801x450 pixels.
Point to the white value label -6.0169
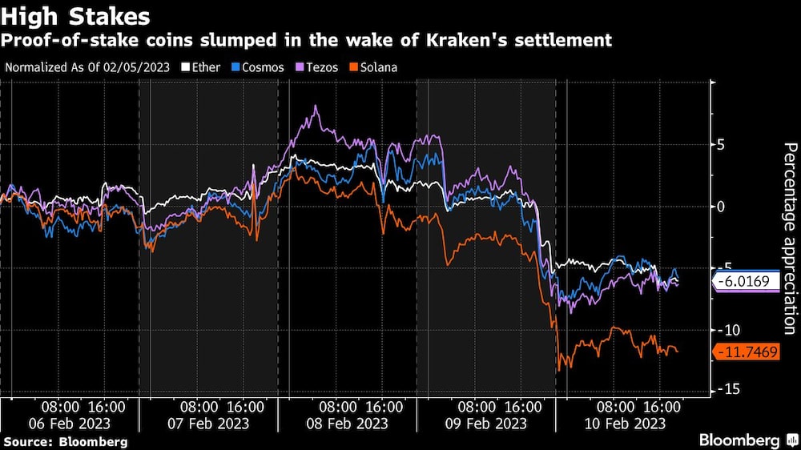[747, 282]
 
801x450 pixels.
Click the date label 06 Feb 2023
[70, 423]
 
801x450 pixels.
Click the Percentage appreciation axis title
[789, 238]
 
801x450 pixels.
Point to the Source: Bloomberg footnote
[65, 441]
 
